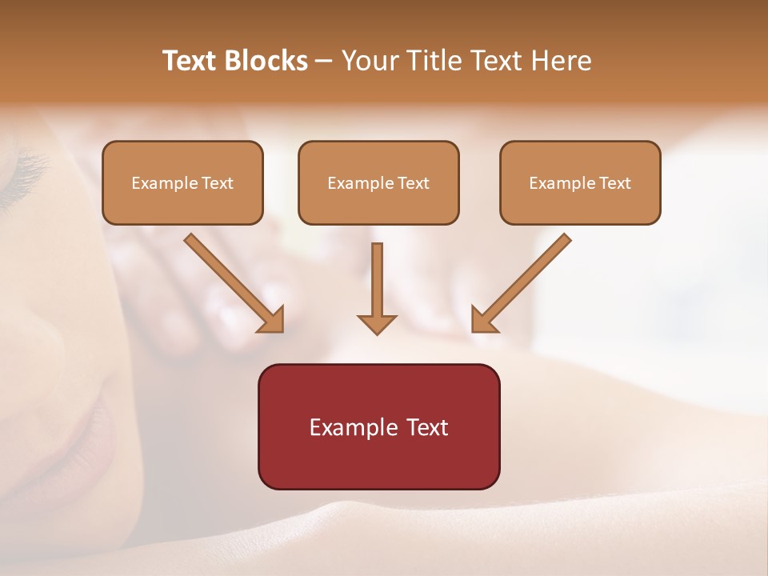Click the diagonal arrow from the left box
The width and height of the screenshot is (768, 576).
[x=234, y=283]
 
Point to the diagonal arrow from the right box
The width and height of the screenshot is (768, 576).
[x=521, y=283]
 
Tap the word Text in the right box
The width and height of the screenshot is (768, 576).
[x=615, y=183]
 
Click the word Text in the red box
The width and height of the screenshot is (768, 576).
[x=429, y=428]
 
